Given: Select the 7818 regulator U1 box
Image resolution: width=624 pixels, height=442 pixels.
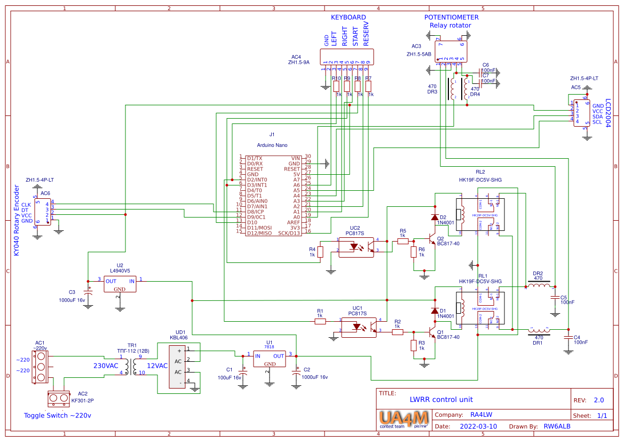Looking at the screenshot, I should (270, 359).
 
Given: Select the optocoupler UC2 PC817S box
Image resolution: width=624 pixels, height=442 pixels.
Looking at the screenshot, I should (356, 247).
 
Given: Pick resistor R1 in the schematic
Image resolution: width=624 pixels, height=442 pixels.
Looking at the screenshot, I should (320, 321).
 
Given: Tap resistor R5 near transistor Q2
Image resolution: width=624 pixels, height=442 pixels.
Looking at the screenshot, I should (403, 241).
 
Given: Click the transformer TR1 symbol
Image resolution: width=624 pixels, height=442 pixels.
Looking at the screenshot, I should (133, 365).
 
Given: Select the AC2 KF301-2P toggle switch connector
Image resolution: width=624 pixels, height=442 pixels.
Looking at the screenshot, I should (59, 398).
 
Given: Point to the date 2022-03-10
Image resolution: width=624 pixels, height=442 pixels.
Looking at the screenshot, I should (478, 427).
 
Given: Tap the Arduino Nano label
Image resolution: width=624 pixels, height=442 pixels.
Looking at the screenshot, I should (272, 145).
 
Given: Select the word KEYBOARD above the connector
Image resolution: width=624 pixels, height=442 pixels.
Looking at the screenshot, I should (348, 17).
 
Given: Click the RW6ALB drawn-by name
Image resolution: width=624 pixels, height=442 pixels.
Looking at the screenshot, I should (557, 427).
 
